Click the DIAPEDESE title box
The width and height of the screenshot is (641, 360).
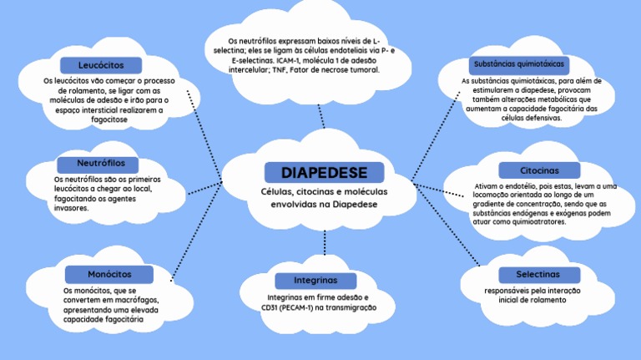pyautogui.click(x=324, y=173)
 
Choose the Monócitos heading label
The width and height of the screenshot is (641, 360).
pyautogui.click(x=109, y=274)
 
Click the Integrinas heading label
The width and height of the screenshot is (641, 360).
pyautogui.click(x=315, y=280)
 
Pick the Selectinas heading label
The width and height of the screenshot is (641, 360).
pyautogui.click(x=538, y=274)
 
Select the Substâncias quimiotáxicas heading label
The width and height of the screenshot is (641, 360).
pyautogui.click(x=518, y=63)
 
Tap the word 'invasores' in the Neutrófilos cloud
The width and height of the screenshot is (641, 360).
pyautogui.click(x=71, y=208)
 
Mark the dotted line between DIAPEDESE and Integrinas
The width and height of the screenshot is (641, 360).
pyautogui.click(x=324, y=242)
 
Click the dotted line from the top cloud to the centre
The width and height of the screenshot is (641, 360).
pyautogui.click(x=320, y=116)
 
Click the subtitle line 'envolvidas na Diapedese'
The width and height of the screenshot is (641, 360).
pyautogui.click(x=323, y=203)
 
